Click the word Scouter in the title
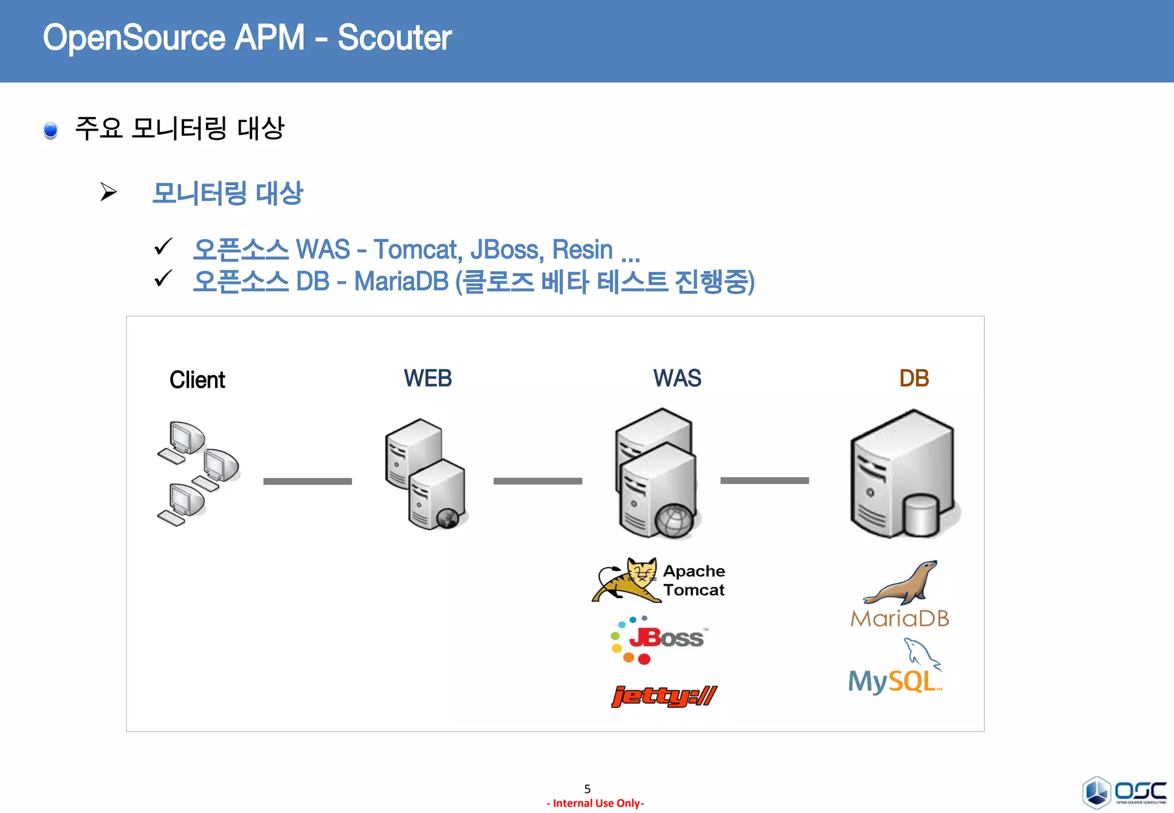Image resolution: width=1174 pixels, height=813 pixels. (394, 38)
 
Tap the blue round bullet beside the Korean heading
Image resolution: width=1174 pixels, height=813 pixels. (50, 130)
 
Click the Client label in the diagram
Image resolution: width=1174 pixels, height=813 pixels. (197, 380)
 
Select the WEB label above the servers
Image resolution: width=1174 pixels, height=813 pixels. (428, 378)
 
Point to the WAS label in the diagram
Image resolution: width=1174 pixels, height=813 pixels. (677, 378)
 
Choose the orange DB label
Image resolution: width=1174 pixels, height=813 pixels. (914, 378)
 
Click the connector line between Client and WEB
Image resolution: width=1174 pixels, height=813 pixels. (307, 482)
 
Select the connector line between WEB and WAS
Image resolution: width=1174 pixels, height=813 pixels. (538, 481)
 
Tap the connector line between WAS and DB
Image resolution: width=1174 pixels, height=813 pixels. (764, 480)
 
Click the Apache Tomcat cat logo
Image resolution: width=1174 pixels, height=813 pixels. (626, 580)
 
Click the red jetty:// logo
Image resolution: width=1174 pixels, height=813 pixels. (664, 696)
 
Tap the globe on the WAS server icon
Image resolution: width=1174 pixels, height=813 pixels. (674, 521)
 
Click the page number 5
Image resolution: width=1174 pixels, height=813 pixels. (587, 789)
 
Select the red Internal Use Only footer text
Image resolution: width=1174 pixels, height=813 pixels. (595, 803)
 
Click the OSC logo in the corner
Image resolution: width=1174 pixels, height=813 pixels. (1124, 792)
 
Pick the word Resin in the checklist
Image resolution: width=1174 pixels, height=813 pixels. (582, 249)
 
